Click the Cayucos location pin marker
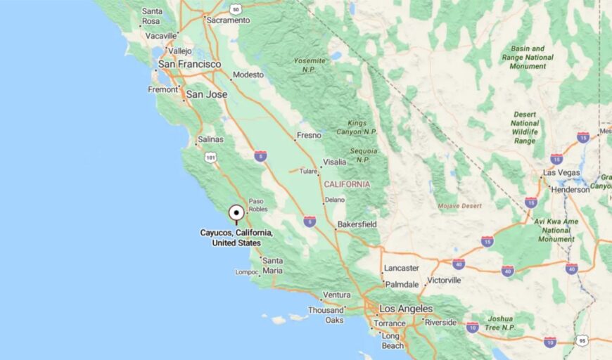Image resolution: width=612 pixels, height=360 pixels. [236, 213]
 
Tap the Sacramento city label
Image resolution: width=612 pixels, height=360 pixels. [228, 20]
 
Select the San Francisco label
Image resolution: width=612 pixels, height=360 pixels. [189, 64]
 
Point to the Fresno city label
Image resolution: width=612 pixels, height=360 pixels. [309, 135]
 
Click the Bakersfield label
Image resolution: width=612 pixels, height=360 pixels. [357, 224]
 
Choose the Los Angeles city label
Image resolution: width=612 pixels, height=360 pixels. [407, 309]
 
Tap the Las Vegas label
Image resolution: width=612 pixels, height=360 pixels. [561, 173]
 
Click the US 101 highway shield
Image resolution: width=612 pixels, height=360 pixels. [211, 158]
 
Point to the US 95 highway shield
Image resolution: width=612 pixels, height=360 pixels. [582, 341]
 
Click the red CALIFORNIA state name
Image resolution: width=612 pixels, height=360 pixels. [347, 184]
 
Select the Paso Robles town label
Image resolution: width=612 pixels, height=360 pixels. [257, 205]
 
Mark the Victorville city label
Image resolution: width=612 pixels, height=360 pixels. [444, 280]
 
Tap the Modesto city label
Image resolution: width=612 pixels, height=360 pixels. [248, 75]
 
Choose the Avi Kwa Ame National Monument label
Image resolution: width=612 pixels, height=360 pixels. [556, 230]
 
